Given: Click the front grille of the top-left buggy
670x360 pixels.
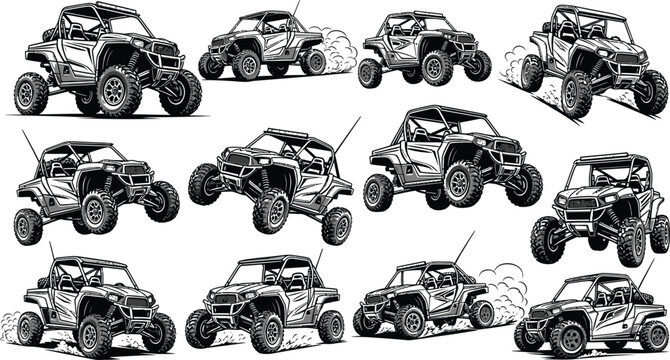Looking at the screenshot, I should [160, 62].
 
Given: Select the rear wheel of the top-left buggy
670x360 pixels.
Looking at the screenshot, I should [31, 93].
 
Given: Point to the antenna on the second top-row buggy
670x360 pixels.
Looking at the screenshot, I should [296, 13].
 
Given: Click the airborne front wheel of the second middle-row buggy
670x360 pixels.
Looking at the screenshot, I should [205, 184].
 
